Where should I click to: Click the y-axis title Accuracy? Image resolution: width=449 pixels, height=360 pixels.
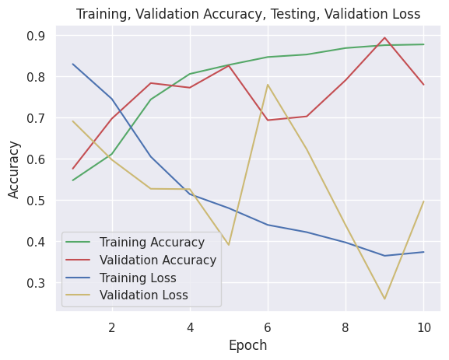[15, 170]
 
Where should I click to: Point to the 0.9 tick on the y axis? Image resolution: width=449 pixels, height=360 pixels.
[38, 36]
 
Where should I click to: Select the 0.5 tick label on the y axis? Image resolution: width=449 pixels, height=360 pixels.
[38, 201]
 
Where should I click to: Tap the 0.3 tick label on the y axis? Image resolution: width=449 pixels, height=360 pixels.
[38, 283]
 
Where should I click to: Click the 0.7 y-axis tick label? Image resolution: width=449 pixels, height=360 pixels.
[38, 118]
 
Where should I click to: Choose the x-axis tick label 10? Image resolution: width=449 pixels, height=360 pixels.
[423, 327]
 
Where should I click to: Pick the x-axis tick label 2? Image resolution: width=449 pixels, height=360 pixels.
[112, 327]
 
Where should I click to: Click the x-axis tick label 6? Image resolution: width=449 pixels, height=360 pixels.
[268, 327]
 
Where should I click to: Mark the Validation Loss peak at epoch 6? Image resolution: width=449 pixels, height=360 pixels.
[268, 85]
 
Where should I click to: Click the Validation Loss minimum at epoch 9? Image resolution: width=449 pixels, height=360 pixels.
[384, 299]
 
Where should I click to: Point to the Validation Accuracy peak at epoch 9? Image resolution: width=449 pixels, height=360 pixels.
[384, 37]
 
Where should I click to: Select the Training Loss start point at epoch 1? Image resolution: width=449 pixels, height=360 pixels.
[73, 64]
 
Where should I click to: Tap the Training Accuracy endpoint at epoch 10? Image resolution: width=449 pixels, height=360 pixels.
[423, 44]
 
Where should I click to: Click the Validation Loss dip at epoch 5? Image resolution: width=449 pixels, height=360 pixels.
[229, 245]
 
